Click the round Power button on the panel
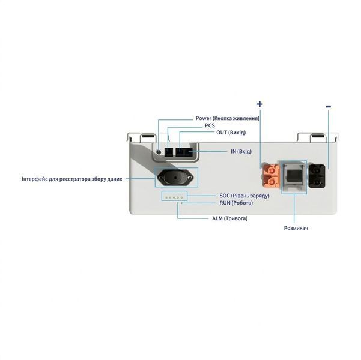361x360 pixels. point(159,152)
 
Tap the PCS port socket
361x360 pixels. point(169,152)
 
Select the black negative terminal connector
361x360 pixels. point(317,176)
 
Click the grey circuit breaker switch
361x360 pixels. point(294,177)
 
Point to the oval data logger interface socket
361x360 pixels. point(175,178)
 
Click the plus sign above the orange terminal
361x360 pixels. point(259,104)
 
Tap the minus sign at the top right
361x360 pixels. point(329,106)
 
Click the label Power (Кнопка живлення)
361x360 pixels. point(228,118)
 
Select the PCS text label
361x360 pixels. point(210,125)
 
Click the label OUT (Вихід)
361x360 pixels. point(231,133)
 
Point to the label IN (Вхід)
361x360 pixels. point(241,151)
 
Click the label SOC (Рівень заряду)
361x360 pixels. point(244,196)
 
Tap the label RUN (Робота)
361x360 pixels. point(236,203)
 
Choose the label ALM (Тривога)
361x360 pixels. point(230,218)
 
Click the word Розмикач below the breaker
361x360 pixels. point(296,228)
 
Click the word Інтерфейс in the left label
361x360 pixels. point(34,179)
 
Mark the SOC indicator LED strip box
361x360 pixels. point(174,196)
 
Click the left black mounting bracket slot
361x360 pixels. point(148,136)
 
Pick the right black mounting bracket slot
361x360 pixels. point(318,136)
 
